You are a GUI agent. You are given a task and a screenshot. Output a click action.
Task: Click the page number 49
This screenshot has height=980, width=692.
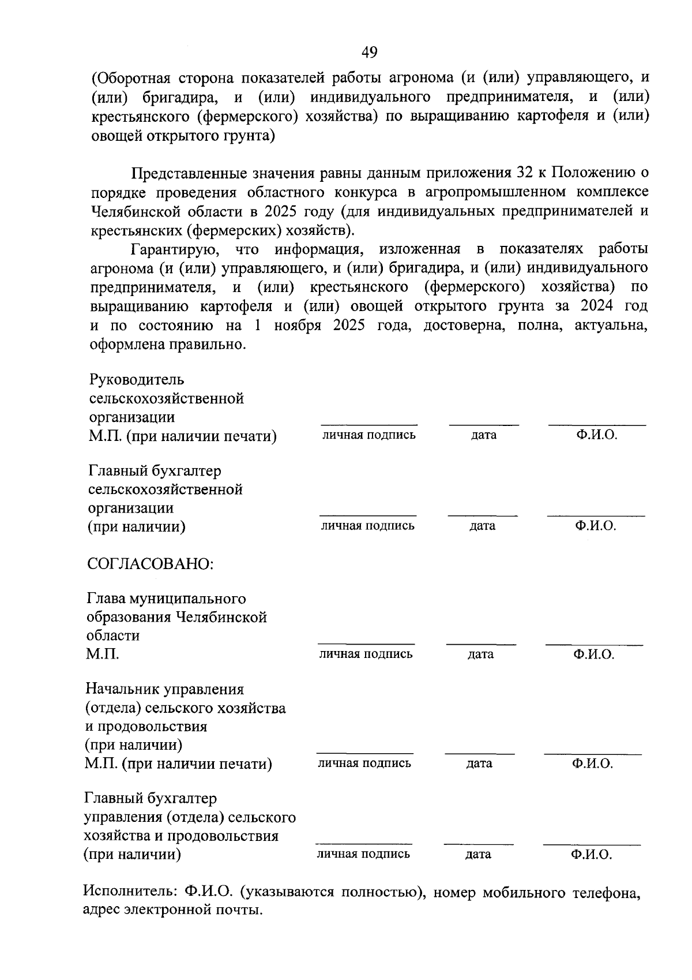click(369, 53)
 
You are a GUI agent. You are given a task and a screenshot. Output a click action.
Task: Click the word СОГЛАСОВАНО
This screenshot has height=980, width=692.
click(150, 563)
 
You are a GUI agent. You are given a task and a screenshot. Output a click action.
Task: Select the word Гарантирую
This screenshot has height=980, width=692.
click(174, 249)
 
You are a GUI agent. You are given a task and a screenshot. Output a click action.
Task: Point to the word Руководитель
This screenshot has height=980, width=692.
click(137, 380)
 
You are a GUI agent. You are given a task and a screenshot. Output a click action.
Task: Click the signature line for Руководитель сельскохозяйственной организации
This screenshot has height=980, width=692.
click(369, 424)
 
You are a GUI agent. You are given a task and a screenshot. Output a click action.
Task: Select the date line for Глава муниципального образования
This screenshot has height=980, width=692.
click(481, 643)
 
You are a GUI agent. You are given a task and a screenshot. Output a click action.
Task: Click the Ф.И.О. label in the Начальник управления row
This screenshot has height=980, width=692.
click(592, 764)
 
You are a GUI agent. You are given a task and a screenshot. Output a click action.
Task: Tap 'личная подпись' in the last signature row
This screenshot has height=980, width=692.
click(363, 854)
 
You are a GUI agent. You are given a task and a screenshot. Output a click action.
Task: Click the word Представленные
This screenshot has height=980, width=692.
click(189, 173)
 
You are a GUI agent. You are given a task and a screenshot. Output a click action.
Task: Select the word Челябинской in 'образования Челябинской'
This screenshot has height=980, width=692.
click(221, 618)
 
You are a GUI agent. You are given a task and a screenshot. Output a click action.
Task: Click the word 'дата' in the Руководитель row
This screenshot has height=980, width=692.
click(483, 435)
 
